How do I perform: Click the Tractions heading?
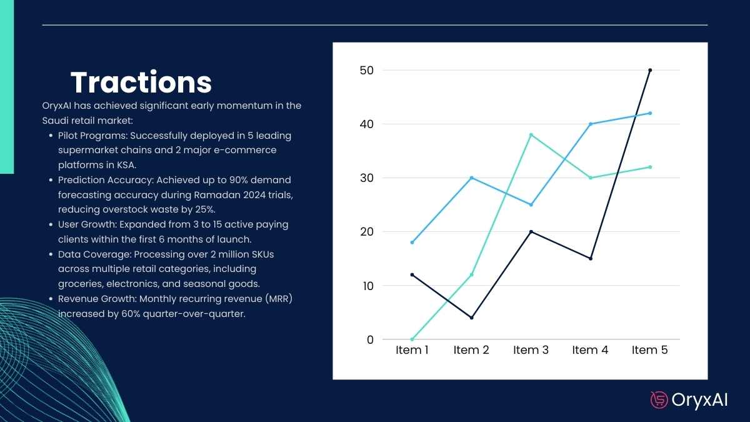coord(141,83)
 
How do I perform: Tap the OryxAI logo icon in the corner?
coord(659,399)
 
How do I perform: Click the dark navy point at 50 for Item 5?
coord(650,70)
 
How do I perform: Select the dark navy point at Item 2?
coord(471,318)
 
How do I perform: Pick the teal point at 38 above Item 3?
coord(531,134)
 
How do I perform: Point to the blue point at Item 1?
coord(412,242)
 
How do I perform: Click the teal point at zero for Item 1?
coord(412,339)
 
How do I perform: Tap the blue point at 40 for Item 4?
coord(590,124)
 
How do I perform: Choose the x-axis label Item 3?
coord(531,350)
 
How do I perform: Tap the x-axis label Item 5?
coord(649,350)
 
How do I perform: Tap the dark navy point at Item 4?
coord(590,258)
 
